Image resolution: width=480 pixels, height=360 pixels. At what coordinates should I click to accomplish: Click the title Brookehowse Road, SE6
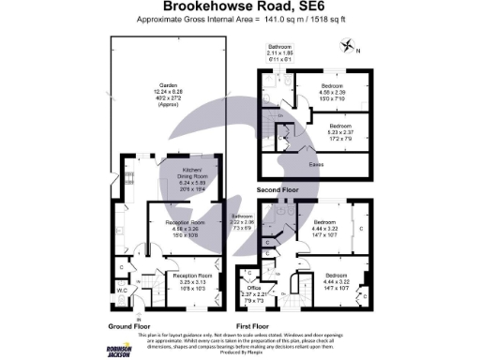(240, 7)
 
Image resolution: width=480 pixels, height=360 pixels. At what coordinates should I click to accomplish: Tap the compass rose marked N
(350, 45)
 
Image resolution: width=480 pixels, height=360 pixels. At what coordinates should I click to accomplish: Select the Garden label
(168, 90)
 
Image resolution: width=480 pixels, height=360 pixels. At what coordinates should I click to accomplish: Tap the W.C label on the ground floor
(122, 290)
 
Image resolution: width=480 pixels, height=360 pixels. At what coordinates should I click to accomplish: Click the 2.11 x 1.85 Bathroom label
(280, 52)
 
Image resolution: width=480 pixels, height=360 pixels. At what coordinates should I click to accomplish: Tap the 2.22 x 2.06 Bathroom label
(245, 223)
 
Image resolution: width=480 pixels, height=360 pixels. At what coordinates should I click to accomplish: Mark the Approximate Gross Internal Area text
(240, 20)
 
